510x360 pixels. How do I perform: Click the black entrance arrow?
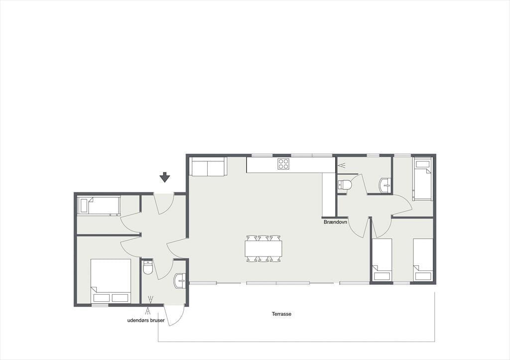pyautogui.click(x=165, y=177)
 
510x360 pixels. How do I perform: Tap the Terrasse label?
pyautogui.click(x=281, y=314)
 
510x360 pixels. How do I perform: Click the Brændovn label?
pyautogui.click(x=335, y=222)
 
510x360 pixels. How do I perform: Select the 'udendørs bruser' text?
pyautogui.click(x=146, y=321)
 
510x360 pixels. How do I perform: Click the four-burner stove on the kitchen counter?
pyautogui.click(x=283, y=164)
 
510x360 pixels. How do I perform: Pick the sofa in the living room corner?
pyautogui.click(x=208, y=166)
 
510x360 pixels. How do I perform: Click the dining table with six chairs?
pyautogui.click(x=263, y=248)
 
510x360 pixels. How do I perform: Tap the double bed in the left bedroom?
pyautogui.click(x=111, y=281)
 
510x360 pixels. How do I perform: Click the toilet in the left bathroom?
pyautogui.click(x=148, y=267)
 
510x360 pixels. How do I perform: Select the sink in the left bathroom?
pyautogui.click(x=180, y=281)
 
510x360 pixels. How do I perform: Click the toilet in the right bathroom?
pyautogui.click(x=345, y=185)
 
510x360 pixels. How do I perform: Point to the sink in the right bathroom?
pyautogui.click(x=385, y=186)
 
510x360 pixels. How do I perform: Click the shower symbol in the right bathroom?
pyautogui.click(x=342, y=165)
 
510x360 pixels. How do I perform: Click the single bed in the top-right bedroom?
pyautogui.click(x=422, y=179)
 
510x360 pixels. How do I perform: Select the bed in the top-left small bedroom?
pyautogui.click(x=99, y=206)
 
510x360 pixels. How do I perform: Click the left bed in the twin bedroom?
pyautogui.click(x=382, y=259)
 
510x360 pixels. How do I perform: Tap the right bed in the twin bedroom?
pyautogui.click(x=423, y=259)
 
